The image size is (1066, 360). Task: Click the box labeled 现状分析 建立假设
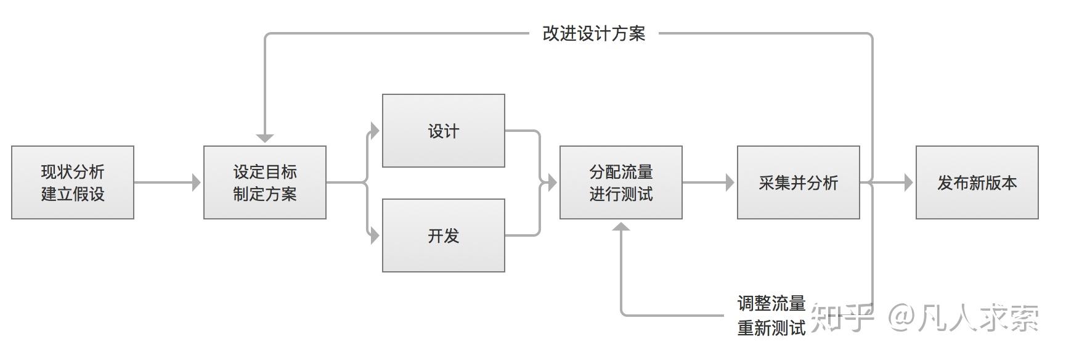[x=73, y=182]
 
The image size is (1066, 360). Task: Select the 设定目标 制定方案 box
[x=265, y=182]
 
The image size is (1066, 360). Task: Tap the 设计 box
[x=444, y=131]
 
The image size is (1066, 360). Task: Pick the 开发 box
[x=444, y=235]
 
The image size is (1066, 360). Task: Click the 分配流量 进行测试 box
[x=621, y=182]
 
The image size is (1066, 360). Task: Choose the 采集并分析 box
[x=799, y=182]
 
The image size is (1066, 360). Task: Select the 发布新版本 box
[x=977, y=182]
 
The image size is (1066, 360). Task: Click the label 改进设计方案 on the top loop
[x=594, y=33]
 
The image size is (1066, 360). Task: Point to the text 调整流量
[x=771, y=303]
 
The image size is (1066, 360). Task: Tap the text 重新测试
[x=771, y=328]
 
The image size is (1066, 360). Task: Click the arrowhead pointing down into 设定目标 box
[x=265, y=138]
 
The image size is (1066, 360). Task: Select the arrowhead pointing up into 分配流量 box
[x=621, y=227]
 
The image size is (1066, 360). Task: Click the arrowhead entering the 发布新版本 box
[x=908, y=182]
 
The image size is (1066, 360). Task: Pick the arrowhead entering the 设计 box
[x=375, y=131]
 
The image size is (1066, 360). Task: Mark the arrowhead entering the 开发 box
[x=375, y=235]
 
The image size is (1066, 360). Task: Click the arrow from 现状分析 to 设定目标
[x=166, y=182]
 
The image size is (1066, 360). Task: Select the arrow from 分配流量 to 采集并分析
[x=709, y=182]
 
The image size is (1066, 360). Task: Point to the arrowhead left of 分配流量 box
[x=552, y=182]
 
